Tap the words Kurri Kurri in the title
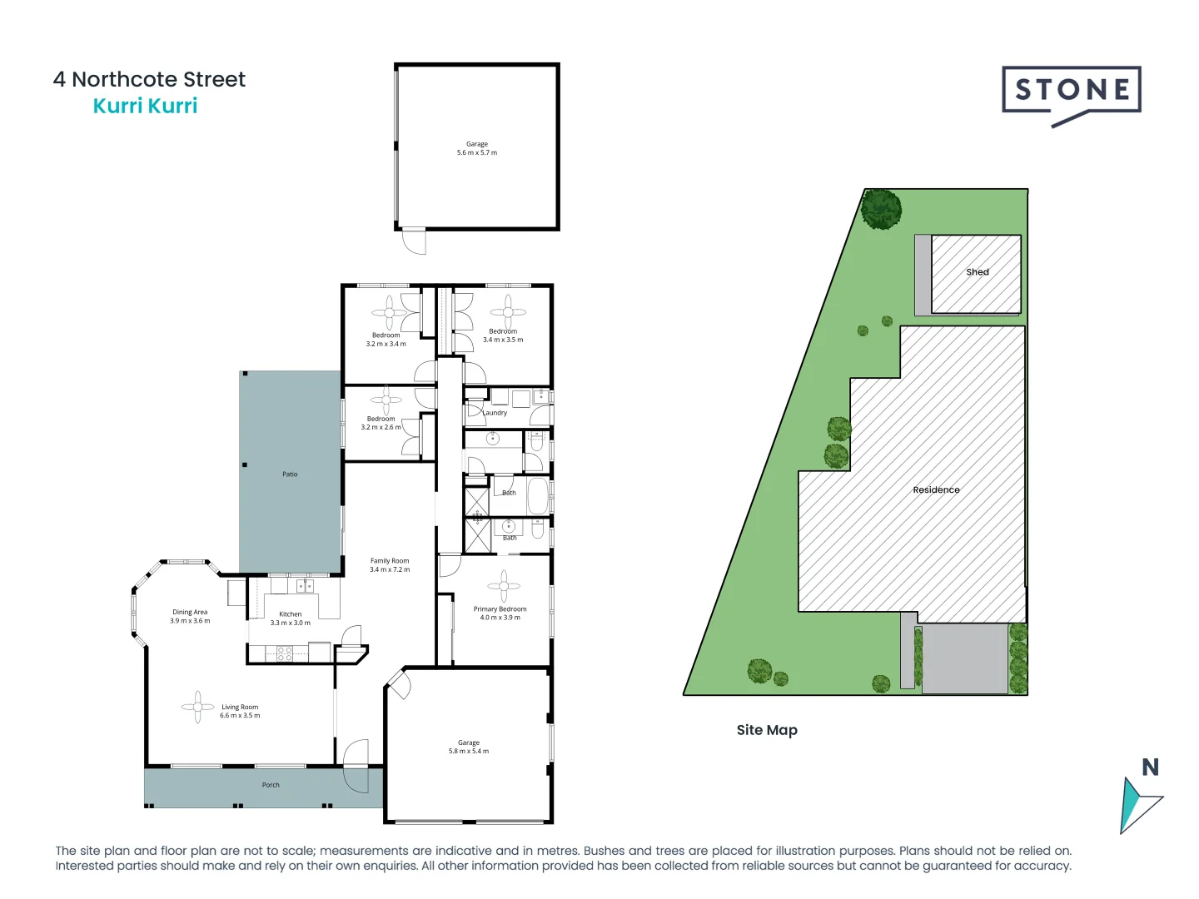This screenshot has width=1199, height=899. (x=145, y=106)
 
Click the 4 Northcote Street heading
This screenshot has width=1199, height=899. (x=149, y=79)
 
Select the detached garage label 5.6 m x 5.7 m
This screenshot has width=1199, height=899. (x=477, y=149)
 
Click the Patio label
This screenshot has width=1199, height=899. (x=290, y=474)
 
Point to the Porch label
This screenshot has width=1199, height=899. (x=271, y=785)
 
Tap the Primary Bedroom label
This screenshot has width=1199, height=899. (x=500, y=613)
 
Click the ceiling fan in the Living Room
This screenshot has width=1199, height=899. (x=198, y=707)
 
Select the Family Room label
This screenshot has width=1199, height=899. (x=390, y=565)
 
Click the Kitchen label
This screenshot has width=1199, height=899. (x=290, y=618)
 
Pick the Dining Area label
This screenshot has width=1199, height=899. (x=190, y=616)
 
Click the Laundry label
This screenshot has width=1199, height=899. (x=495, y=413)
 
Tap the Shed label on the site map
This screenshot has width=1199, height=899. (x=978, y=272)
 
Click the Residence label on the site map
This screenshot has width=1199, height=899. (x=936, y=490)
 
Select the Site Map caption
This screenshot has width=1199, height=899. (x=767, y=730)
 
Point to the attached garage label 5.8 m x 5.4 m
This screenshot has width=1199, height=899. (x=469, y=747)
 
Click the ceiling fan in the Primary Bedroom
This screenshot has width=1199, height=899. (x=504, y=586)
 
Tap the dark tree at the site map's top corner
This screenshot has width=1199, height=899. (x=881, y=209)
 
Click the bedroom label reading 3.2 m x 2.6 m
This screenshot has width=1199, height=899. (x=381, y=423)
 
